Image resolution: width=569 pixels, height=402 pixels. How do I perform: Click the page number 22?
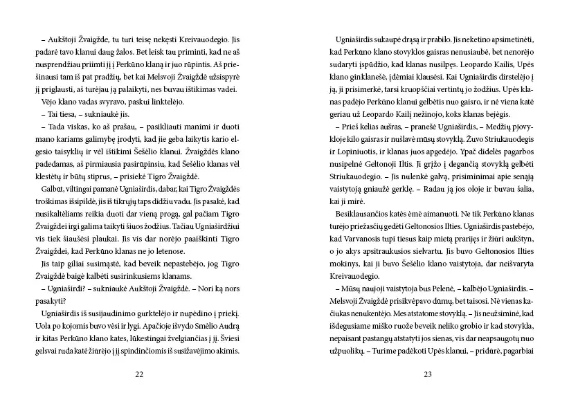tap(139, 374)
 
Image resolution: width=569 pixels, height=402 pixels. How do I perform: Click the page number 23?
tap(428, 374)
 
